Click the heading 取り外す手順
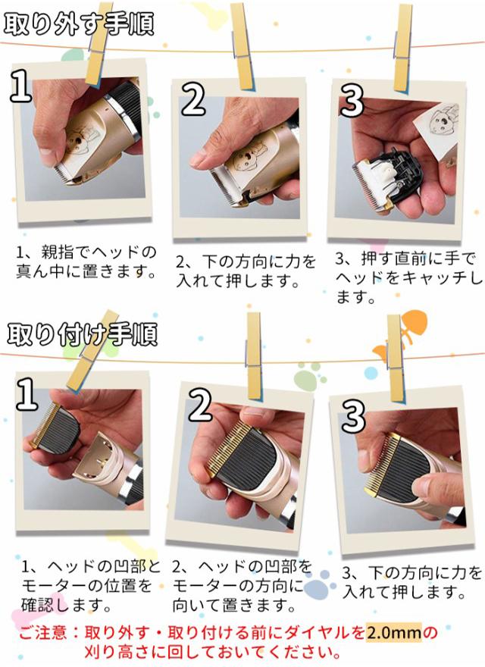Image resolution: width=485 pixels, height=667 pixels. tap(79, 23)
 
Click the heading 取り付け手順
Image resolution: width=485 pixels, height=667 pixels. tap(82, 334)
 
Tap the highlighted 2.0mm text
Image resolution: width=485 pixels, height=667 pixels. tap(394, 633)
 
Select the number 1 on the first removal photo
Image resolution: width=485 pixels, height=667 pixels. tap(21, 86)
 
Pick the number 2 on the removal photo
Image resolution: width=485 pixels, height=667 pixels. tap(193, 99)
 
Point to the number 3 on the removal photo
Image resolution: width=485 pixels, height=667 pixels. tap(352, 100)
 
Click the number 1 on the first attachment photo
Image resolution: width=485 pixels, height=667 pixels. tap(27, 394)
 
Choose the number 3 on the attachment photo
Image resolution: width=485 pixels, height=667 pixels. tap(353, 415)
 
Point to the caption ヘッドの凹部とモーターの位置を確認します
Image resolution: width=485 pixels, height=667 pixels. tap(91, 586)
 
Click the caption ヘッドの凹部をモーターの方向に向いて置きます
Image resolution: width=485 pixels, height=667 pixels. tap(242, 586)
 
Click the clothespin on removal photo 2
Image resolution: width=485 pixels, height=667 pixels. tap(243, 46)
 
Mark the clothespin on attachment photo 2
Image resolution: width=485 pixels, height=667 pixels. tap(254, 355)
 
